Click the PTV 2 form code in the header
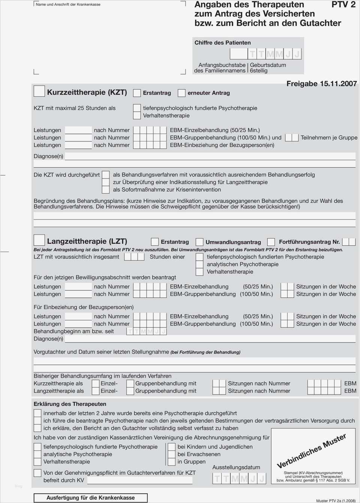pyautogui.click(x=343, y=5)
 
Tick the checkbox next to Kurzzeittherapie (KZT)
pyautogui.click(x=39, y=91)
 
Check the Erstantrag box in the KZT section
pyautogui.click(x=137, y=93)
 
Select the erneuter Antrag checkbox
pyautogui.click(x=182, y=93)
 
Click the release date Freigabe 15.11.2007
pyautogui.click(x=321, y=84)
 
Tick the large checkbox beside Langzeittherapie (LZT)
pyautogui.click(x=39, y=240)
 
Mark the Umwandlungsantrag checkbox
pyautogui.click(x=199, y=242)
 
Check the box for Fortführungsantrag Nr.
pyautogui.click(x=271, y=242)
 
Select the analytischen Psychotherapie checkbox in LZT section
pyautogui.click(x=199, y=264)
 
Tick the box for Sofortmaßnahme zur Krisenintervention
pyautogui.click(x=106, y=190)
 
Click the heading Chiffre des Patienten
pyautogui.click(x=222, y=43)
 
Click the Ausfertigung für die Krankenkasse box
pyautogui.click(x=90, y=498)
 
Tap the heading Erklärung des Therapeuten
pyautogui.click(x=70, y=404)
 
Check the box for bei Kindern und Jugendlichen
pyautogui.click(x=171, y=447)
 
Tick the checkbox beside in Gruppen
pyautogui.click(x=171, y=462)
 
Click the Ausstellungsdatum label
pyautogui.click(x=236, y=467)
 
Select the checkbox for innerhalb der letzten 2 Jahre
pyautogui.click(x=37, y=413)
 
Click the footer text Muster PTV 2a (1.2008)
pyautogui.click(x=336, y=501)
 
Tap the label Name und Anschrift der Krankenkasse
pyautogui.click(x=68, y=5)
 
